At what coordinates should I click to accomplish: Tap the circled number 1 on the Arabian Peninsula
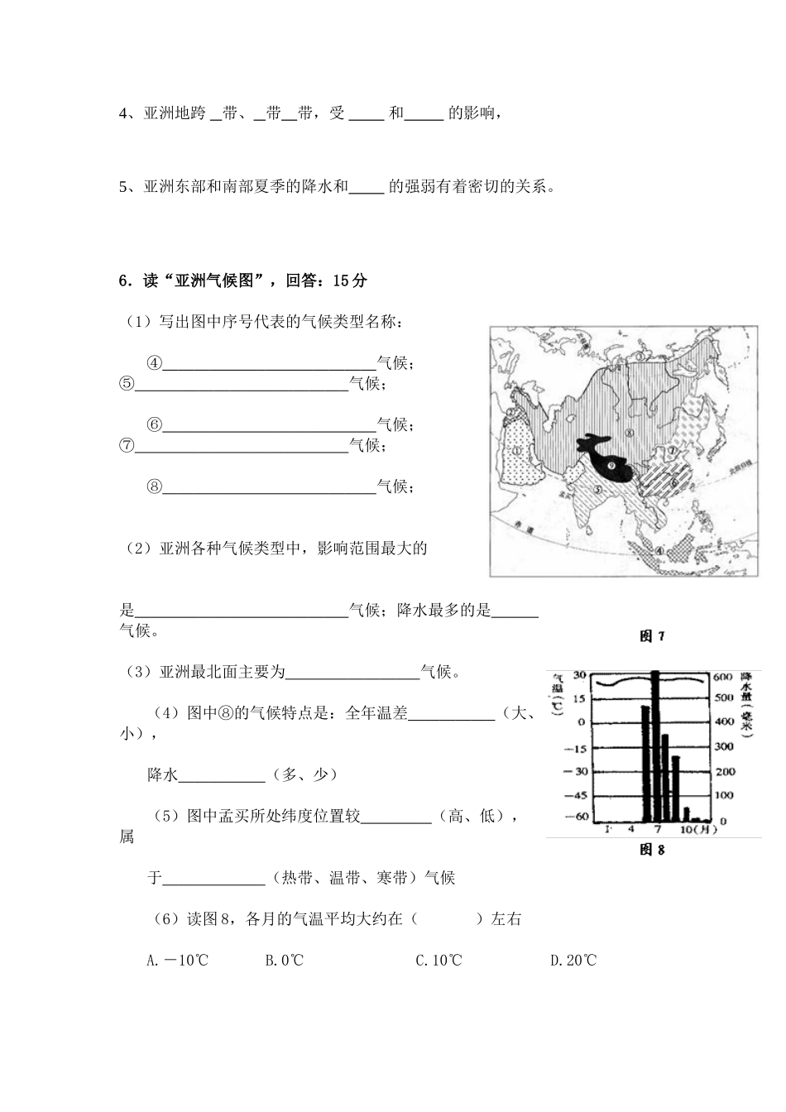coord(517,451)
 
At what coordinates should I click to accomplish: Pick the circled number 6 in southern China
coord(673,483)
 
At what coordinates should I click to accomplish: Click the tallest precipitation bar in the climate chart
coord(655,745)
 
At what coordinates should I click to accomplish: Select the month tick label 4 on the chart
coord(630,828)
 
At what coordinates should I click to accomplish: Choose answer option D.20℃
coord(573,961)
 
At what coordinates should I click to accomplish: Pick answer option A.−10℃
coord(177,961)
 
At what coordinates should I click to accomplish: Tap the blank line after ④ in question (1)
coord(269,363)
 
